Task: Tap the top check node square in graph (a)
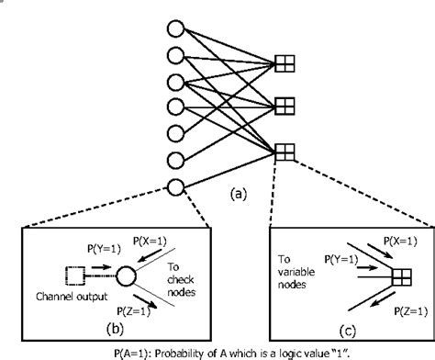coord(284,63)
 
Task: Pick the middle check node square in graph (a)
coord(284,105)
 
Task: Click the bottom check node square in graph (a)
coord(284,150)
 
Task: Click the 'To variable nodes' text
coord(297,270)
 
